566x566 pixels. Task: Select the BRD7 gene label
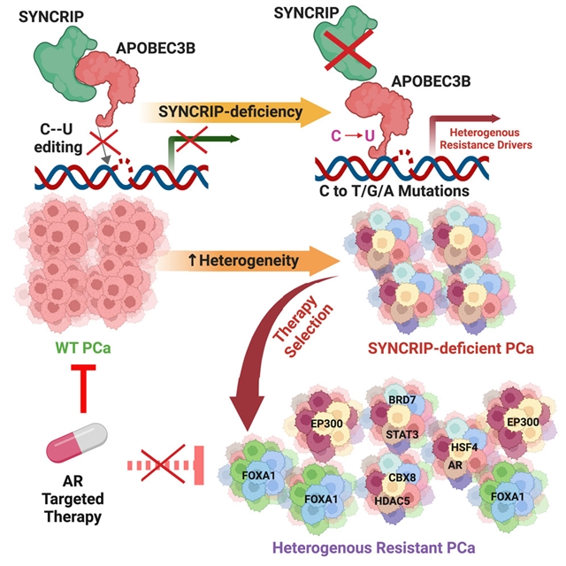coord(402,401)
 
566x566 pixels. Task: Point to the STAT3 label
coord(403,434)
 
